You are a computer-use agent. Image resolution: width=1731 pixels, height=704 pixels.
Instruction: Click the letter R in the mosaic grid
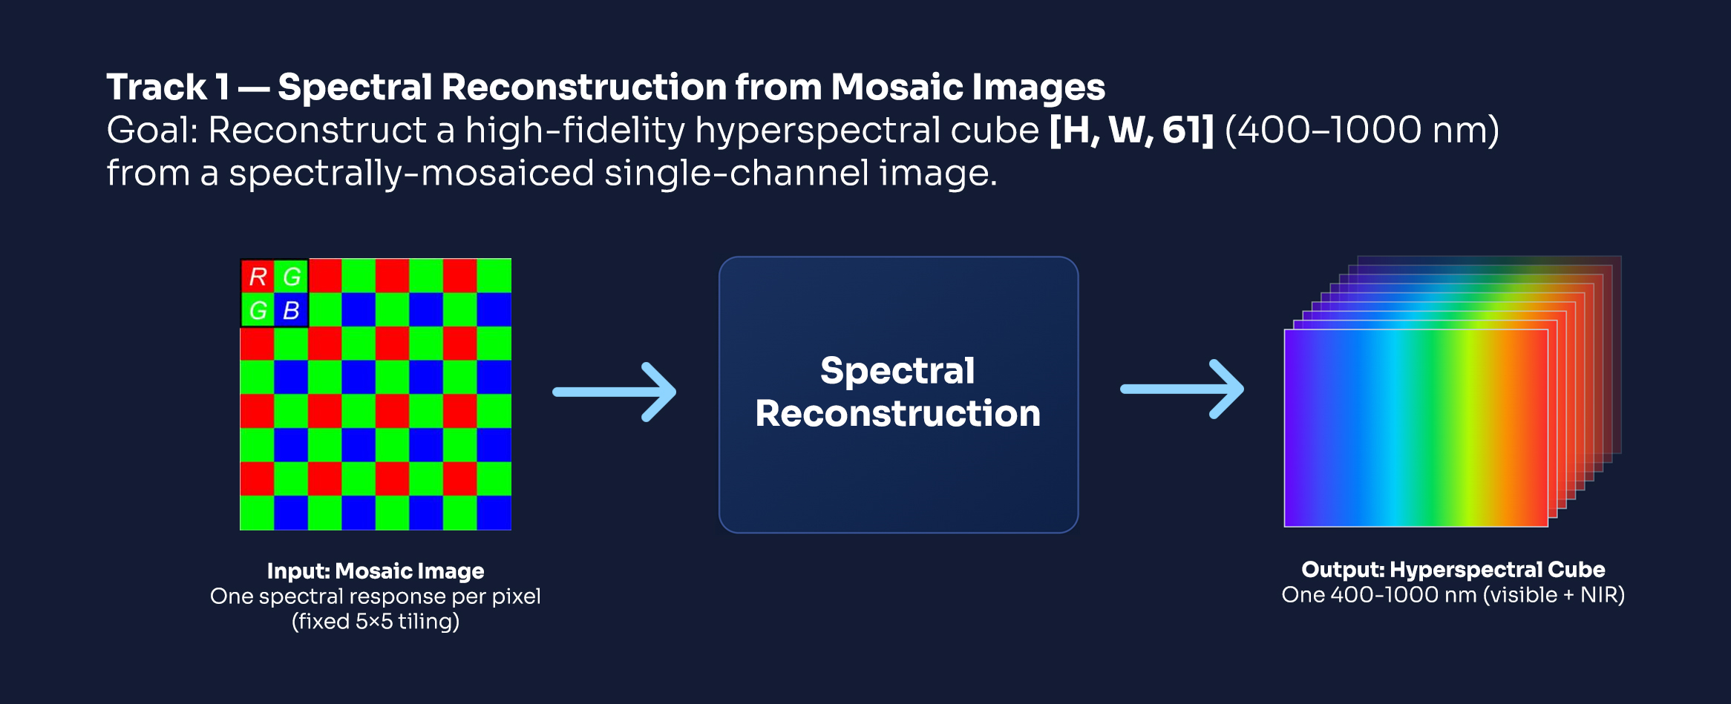(x=258, y=277)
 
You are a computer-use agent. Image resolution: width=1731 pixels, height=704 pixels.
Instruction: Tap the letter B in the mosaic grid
(x=292, y=310)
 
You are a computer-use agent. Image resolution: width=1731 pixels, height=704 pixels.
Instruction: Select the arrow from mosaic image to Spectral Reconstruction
(x=615, y=392)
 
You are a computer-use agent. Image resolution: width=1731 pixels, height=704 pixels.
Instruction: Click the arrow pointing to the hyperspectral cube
(x=1182, y=389)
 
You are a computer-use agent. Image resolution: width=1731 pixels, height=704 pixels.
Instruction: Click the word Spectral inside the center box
(x=897, y=371)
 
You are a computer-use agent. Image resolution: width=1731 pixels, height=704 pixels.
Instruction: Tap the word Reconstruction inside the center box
(x=898, y=413)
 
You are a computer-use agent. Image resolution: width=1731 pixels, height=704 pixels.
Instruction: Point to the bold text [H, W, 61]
(x=1131, y=131)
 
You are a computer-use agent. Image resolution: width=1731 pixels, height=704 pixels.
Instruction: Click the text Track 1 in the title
(x=168, y=87)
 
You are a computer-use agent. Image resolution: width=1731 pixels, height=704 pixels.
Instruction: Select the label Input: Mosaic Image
(x=376, y=570)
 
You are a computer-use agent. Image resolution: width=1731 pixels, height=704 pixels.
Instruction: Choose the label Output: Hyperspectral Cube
(x=1453, y=569)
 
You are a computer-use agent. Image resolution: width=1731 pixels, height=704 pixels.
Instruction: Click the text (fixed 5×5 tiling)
(x=376, y=621)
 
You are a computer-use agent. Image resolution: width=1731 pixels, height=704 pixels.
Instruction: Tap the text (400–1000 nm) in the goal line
(x=1362, y=131)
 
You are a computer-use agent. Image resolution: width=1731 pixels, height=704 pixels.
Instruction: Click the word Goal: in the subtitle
(x=152, y=131)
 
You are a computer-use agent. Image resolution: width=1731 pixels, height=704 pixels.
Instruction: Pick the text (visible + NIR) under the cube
(x=1554, y=595)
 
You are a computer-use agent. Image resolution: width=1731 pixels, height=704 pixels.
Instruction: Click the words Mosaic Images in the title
(x=968, y=88)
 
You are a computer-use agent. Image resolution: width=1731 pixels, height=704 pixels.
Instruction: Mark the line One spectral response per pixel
(x=376, y=596)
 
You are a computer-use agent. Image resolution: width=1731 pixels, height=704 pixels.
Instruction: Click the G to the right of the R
(x=292, y=277)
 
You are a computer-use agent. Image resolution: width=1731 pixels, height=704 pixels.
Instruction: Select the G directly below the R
(x=258, y=310)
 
